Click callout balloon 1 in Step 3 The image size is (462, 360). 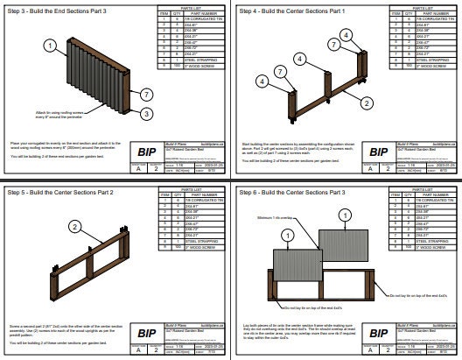51,45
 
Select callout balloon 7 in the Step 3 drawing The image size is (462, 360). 147,94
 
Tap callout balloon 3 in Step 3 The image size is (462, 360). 147,114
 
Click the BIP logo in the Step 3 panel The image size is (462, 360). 141,150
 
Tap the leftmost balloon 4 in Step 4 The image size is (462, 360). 260,81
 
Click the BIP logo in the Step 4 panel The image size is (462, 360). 374,150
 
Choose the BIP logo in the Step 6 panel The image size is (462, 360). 374,330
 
